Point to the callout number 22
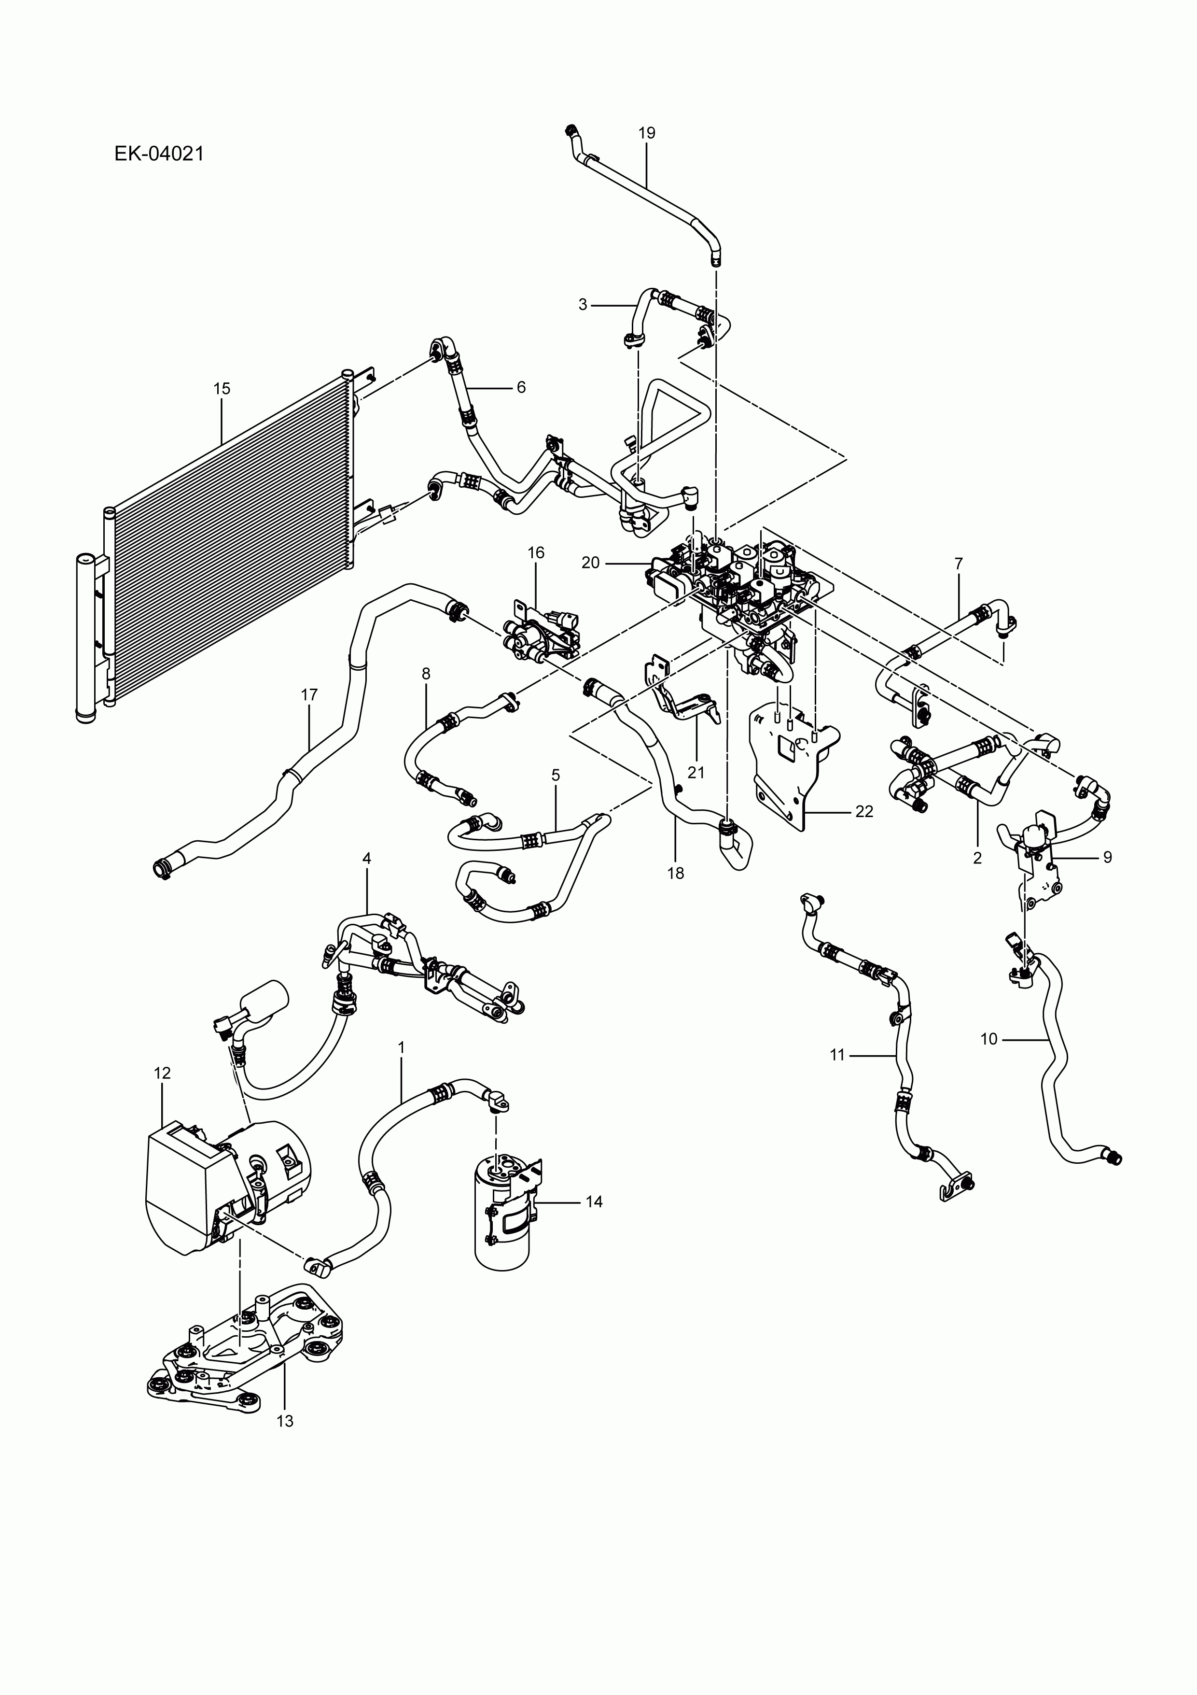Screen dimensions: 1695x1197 864,811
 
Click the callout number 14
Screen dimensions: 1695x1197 594,1202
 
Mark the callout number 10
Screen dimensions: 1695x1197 989,1039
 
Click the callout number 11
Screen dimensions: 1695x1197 837,1056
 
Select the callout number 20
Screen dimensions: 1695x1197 590,563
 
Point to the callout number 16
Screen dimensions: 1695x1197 536,553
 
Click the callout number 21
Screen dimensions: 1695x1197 696,773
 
